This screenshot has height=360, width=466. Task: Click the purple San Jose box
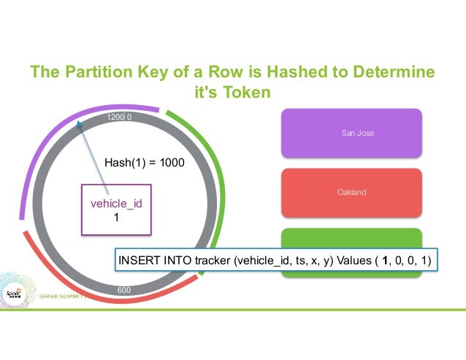pos(353,134)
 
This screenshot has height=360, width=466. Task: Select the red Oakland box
pos(353,193)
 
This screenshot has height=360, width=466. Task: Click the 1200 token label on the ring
pos(115,117)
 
